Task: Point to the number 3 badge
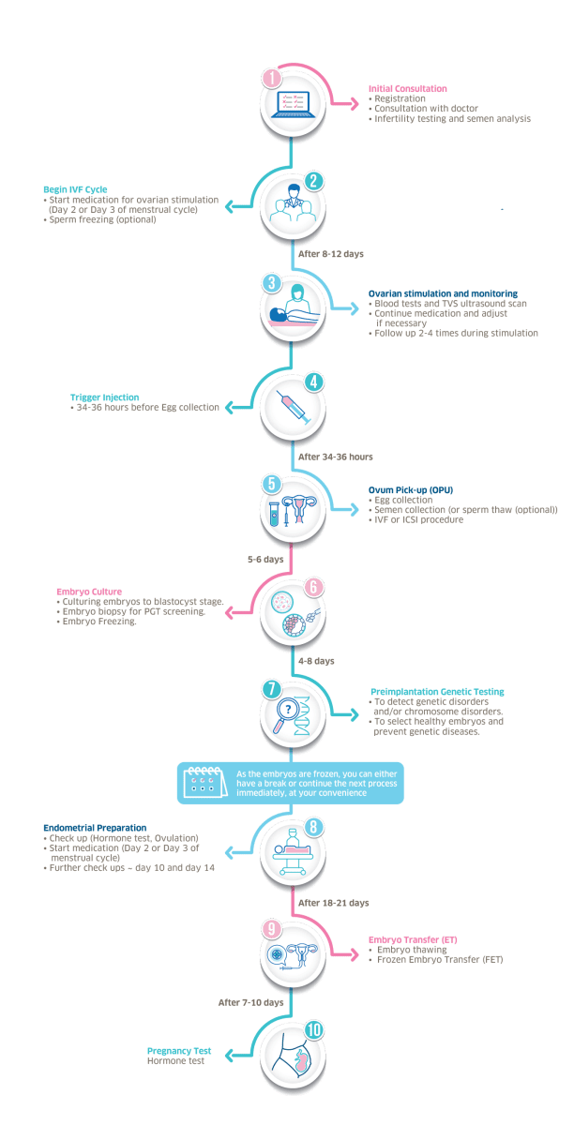[271, 281]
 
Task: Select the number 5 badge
[271, 484]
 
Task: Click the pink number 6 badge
[315, 588]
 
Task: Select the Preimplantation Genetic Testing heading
[437, 692]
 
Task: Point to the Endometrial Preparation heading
[94, 828]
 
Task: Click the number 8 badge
[315, 826]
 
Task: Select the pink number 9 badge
[271, 929]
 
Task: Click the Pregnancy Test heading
[178, 1051]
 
